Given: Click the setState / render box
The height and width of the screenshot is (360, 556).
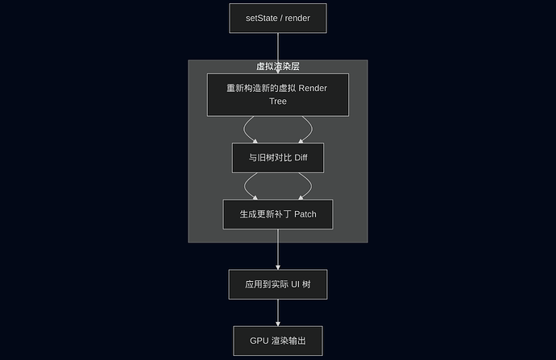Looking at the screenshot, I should coord(278,18).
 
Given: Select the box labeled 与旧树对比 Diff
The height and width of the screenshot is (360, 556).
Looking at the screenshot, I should coord(278,158).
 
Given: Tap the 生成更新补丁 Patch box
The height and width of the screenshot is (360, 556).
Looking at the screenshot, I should coord(278,214).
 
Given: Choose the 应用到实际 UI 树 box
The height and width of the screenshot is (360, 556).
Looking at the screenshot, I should coord(278,284).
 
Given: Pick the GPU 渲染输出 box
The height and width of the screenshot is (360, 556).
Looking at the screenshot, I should coord(278,341).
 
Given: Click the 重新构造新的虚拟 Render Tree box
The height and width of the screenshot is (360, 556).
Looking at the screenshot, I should coord(278,94).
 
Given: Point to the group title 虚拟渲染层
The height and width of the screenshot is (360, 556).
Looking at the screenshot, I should coord(278,67).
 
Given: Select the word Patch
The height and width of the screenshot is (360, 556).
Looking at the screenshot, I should coord(301,214).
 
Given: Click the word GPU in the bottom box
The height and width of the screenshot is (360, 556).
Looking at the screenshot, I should coord(259,341).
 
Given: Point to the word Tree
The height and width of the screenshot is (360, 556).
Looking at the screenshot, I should coord(278,101).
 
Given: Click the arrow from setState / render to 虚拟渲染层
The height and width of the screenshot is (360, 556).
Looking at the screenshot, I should coord(278,46).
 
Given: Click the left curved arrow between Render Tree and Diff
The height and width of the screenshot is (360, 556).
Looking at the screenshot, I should coord(245,129).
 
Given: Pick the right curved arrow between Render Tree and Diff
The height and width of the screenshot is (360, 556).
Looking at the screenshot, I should coord(311,129).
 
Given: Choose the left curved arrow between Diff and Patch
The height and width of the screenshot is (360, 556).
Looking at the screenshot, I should coord(245,185).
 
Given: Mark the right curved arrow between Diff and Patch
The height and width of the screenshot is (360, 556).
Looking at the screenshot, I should coord(311,185).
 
